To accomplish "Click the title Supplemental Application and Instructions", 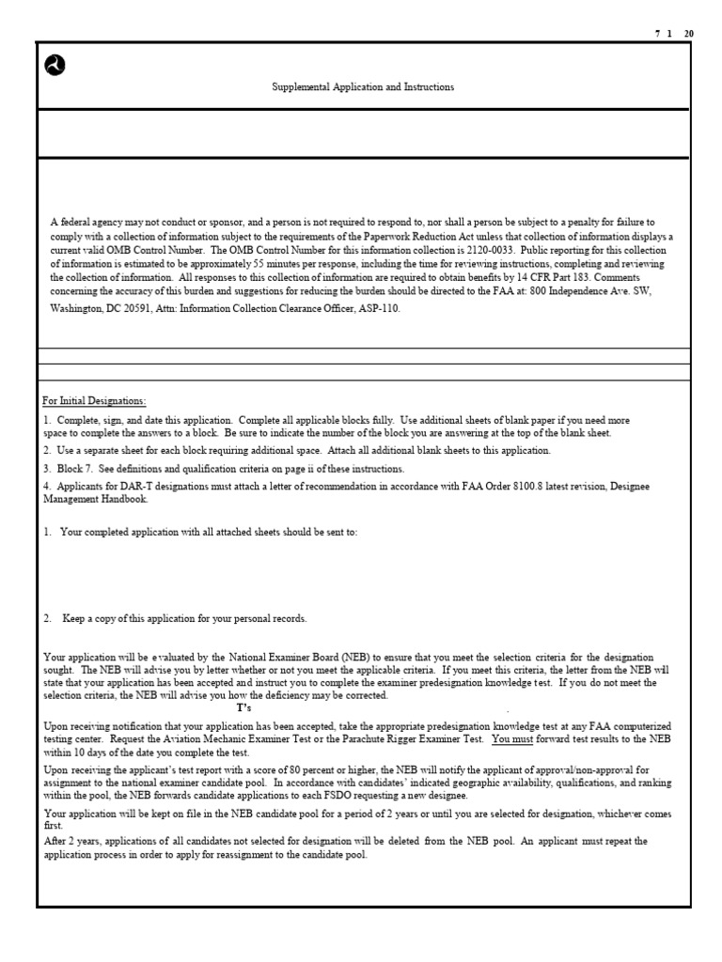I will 363,87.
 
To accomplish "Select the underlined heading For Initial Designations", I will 94,401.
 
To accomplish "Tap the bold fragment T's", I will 243,707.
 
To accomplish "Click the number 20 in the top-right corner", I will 689,33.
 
